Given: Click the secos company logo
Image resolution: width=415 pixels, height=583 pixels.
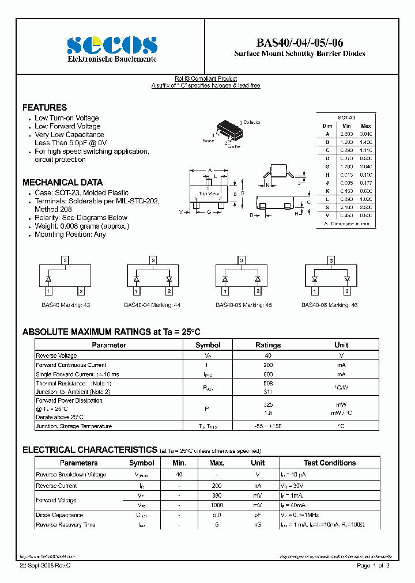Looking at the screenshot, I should tap(112, 44).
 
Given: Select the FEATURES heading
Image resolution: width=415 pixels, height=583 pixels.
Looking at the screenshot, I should tap(44, 107).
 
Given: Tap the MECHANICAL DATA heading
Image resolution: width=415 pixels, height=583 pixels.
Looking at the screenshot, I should tap(62, 182).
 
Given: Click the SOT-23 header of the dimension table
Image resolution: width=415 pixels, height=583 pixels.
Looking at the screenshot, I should tap(346, 117).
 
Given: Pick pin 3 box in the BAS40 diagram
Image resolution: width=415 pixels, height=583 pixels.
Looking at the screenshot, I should tap(65, 260).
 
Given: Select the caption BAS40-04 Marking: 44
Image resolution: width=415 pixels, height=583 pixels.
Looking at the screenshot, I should tap(152, 305).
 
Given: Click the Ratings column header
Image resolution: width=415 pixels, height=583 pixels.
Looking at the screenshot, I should tap(268, 345).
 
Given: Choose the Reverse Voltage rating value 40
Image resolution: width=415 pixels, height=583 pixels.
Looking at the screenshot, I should tap(268, 355).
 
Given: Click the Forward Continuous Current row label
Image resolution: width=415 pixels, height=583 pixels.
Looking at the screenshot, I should tap(71, 365).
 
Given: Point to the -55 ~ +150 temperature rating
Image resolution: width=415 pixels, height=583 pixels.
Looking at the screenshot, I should tap(268, 426).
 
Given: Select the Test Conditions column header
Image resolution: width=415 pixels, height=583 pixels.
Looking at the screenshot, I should tap(329, 463).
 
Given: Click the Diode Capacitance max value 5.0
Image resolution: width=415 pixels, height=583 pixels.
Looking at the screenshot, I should tap(217, 514).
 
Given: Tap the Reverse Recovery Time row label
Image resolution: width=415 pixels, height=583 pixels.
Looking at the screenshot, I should tap(65, 524).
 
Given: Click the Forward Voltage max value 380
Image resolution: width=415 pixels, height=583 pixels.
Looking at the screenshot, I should tap(217, 495).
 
